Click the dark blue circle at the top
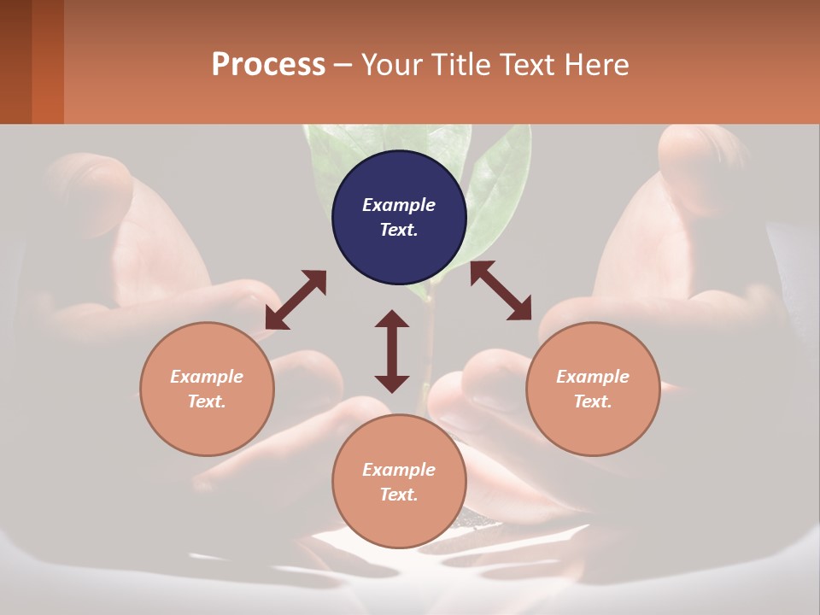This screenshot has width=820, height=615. coord(399,218)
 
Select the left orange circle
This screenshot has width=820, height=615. coord(207,389)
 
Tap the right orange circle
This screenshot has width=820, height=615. coord(593,389)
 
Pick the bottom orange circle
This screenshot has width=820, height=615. coord(399,482)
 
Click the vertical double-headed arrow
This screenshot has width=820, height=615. coord(392,351)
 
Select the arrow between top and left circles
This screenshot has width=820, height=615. coord(296,300)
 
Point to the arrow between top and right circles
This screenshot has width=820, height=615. coord(501,290)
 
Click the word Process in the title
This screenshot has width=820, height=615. coord(268,65)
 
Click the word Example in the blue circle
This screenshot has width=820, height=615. coord(399,205)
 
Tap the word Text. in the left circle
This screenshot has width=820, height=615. coord(207,401)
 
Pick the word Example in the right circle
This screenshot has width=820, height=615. coord(593,377)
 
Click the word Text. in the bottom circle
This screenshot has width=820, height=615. coord(399,495)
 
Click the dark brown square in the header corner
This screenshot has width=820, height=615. coord(15,61)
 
